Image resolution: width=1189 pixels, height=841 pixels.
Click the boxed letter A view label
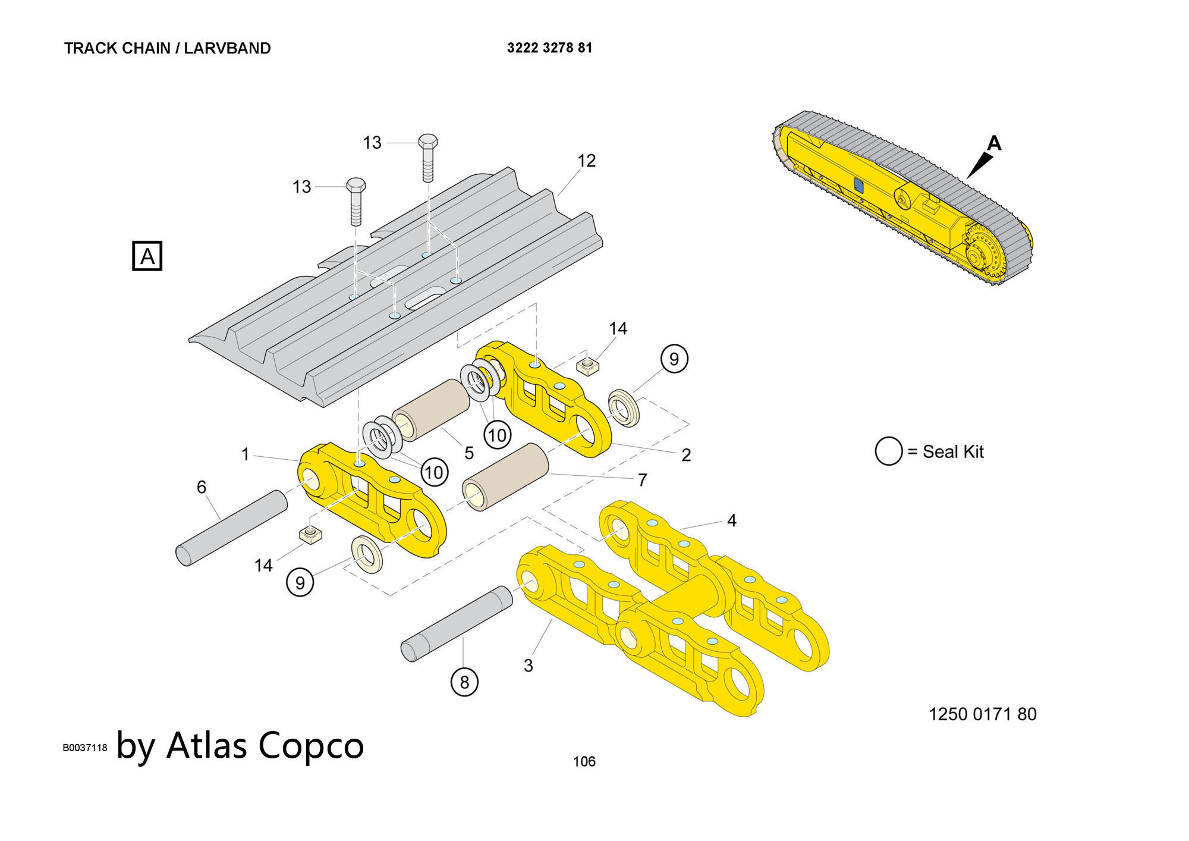(x=147, y=256)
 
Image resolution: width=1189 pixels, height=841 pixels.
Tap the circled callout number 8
(x=464, y=682)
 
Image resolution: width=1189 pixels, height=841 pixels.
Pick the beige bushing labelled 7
(x=506, y=477)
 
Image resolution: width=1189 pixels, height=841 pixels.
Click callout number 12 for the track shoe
(x=586, y=161)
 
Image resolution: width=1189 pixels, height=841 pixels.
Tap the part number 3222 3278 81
(x=549, y=48)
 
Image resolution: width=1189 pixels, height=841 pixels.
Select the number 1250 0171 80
(x=982, y=714)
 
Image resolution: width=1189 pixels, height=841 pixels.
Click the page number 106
(x=584, y=761)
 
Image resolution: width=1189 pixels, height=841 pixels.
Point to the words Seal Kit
(x=953, y=452)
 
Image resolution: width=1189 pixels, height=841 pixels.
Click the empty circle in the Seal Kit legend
(x=888, y=451)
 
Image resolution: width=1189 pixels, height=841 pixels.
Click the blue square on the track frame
(x=858, y=185)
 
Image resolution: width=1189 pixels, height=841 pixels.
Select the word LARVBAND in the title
(x=227, y=48)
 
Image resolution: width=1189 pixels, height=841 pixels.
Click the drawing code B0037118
(x=85, y=748)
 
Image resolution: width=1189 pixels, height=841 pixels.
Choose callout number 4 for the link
(x=731, y=520)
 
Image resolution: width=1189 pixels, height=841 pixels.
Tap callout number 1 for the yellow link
(x=246, y=454)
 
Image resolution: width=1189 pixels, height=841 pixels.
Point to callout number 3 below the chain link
(x=528, y=666)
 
